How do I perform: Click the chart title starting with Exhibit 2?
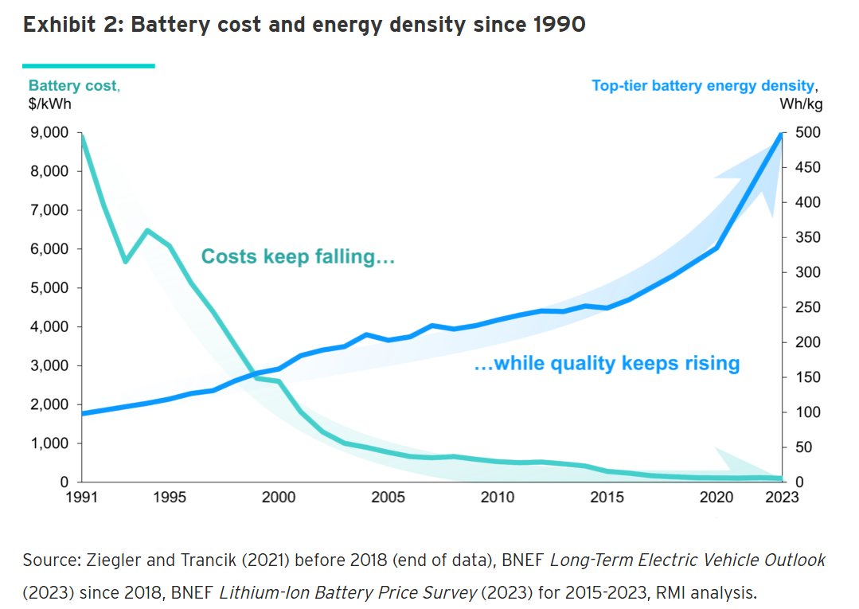click(304, 25)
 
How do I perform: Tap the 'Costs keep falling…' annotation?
click(298, 257)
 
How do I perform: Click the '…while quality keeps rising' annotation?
click(607, 364)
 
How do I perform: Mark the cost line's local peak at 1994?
click(147, 231)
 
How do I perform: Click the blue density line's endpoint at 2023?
click(781, 134)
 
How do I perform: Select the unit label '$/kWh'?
click(45, 103)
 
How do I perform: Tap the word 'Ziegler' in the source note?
click(107, 560)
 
